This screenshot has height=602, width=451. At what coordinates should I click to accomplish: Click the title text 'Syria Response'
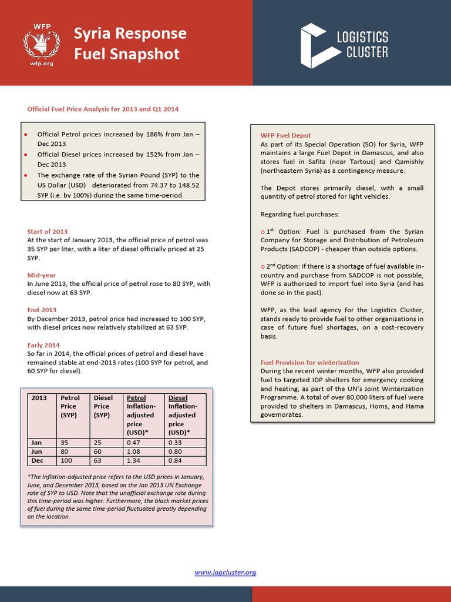[130, 33]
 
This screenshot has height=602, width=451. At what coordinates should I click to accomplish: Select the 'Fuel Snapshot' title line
[126, 54]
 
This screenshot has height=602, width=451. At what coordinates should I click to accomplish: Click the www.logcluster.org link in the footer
[225, 572]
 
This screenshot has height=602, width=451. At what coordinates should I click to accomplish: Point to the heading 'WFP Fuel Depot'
[285, 135]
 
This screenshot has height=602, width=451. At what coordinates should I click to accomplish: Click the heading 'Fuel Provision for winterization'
[309, 362]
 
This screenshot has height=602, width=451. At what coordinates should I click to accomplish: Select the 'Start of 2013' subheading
[48, 231]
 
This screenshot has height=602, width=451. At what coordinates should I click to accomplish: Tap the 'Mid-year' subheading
[42, 275]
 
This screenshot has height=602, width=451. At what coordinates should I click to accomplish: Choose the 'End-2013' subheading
[42, 310]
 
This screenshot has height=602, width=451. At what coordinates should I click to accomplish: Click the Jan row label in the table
[36, 442]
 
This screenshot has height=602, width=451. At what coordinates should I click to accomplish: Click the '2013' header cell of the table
[39, 398]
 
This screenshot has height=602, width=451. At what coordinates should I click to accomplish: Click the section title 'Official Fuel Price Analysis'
[103, 109]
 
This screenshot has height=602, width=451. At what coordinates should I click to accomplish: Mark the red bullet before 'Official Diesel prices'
[26, 155]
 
